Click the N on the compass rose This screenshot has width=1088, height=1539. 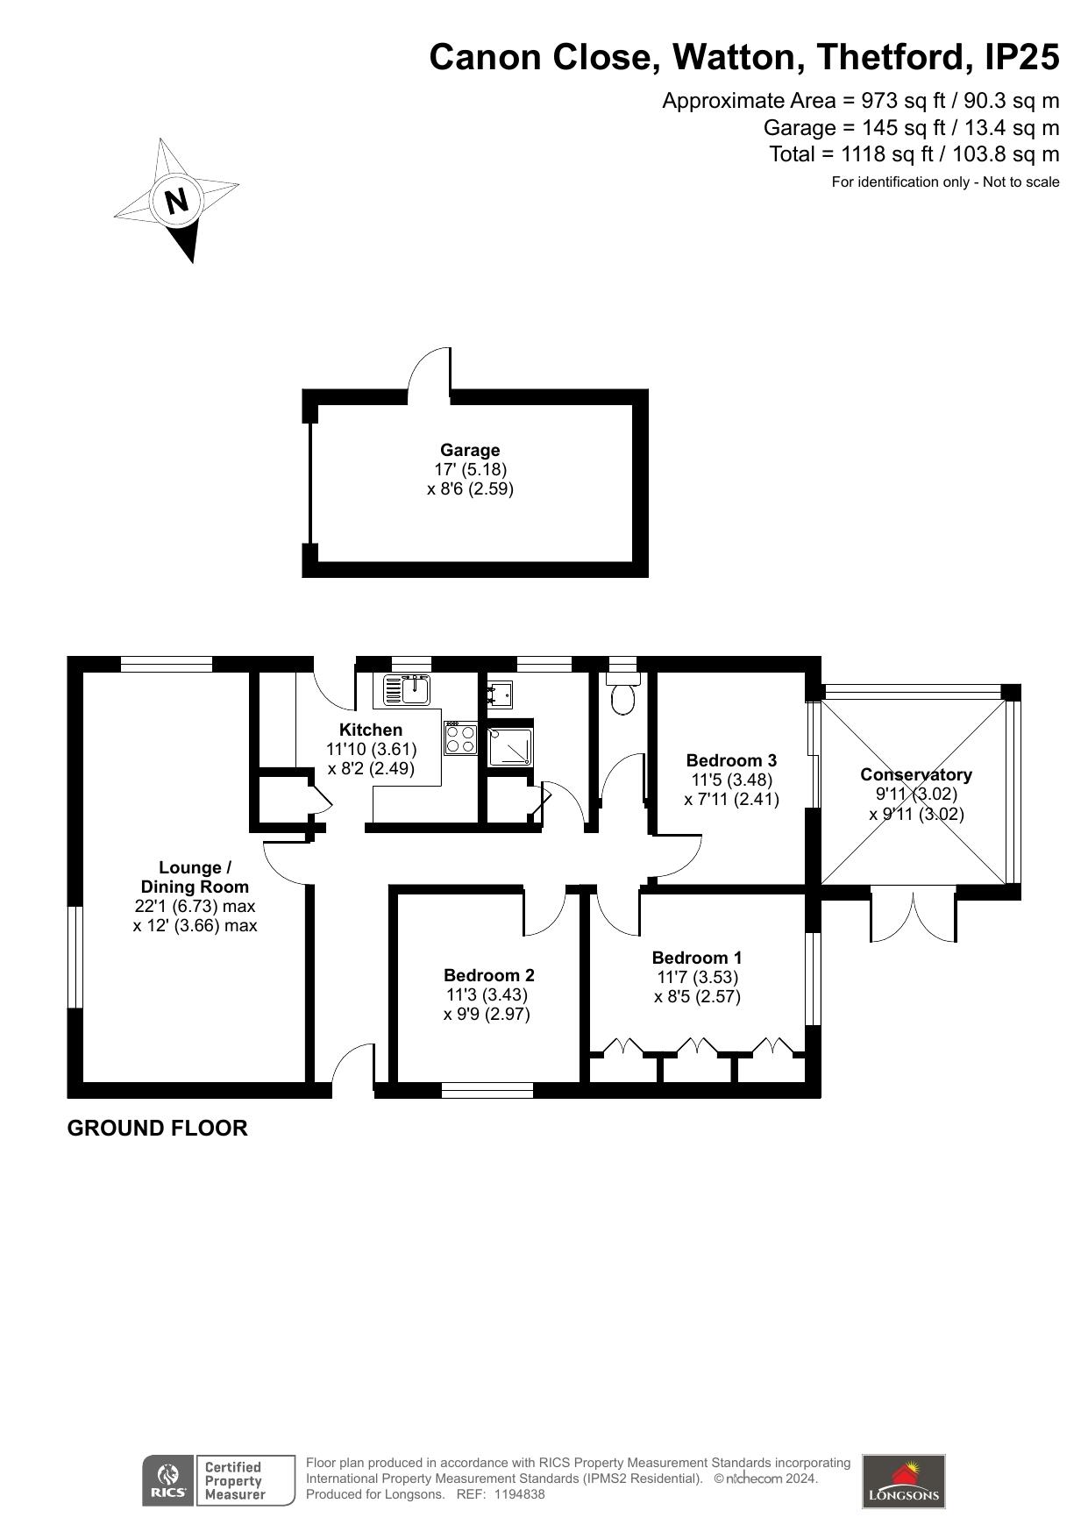point(178,201)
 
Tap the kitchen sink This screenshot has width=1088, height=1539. point(406,689)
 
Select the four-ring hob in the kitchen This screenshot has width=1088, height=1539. point(461,738)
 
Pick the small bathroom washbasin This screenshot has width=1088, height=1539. point(501,694)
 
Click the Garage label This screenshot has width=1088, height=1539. point(470,451)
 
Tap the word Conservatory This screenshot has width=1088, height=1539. point(916,774)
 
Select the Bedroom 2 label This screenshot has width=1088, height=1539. point(489,975)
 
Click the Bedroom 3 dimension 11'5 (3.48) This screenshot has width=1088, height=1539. point(732,780)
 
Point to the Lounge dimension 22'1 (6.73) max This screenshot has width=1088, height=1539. point(195,906)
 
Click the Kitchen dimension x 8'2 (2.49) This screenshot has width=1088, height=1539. point(372,768)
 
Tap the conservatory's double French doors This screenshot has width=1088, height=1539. point(913,916)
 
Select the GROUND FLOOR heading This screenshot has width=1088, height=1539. point(158,1128)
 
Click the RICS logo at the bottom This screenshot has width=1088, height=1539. point(167,1481)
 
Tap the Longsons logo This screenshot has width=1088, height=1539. point(904,1481)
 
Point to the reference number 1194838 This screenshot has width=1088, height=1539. point(520,1494)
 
